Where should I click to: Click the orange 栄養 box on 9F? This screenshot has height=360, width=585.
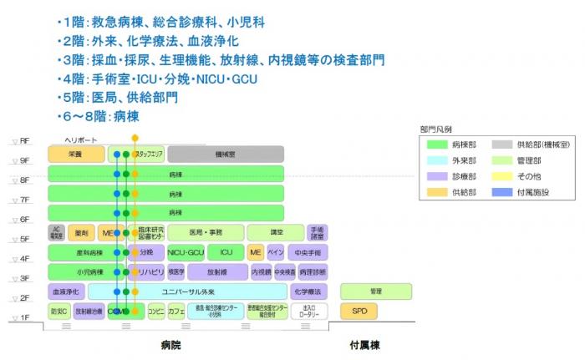tap(74, 155)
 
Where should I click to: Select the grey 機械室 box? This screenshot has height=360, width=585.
tap(226, 155)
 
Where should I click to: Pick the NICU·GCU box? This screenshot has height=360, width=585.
tap(186, 251)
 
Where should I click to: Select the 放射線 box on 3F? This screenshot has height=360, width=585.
tap(217, 271)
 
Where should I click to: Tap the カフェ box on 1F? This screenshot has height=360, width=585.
tap(176, 312)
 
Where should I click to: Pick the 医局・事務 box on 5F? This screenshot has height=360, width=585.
tap(206, 232)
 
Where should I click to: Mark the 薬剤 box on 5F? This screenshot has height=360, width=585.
tap(82, 232)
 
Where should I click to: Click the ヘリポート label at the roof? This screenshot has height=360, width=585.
tap(81, 139)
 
